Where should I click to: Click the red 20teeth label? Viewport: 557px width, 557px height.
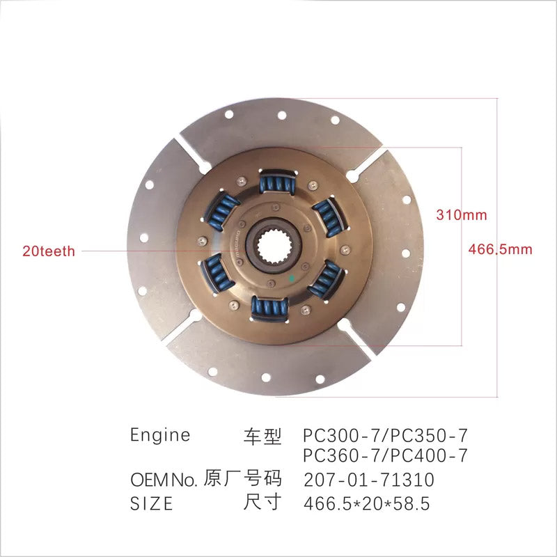(49, 251)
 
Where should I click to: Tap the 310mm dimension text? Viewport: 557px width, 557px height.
(462, 215)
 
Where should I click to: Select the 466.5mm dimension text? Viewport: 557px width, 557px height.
(500, 249)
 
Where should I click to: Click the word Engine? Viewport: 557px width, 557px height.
(160, 436)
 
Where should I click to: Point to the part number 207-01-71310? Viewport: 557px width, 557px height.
(369, 480)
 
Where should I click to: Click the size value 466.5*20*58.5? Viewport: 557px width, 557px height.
(367, 503)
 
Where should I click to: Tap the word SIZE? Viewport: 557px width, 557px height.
(152, 503)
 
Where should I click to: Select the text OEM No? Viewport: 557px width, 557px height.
(164, 480)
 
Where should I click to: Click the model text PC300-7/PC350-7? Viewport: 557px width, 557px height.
(386, 435)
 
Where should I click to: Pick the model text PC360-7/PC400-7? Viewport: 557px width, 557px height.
(386, 455)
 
